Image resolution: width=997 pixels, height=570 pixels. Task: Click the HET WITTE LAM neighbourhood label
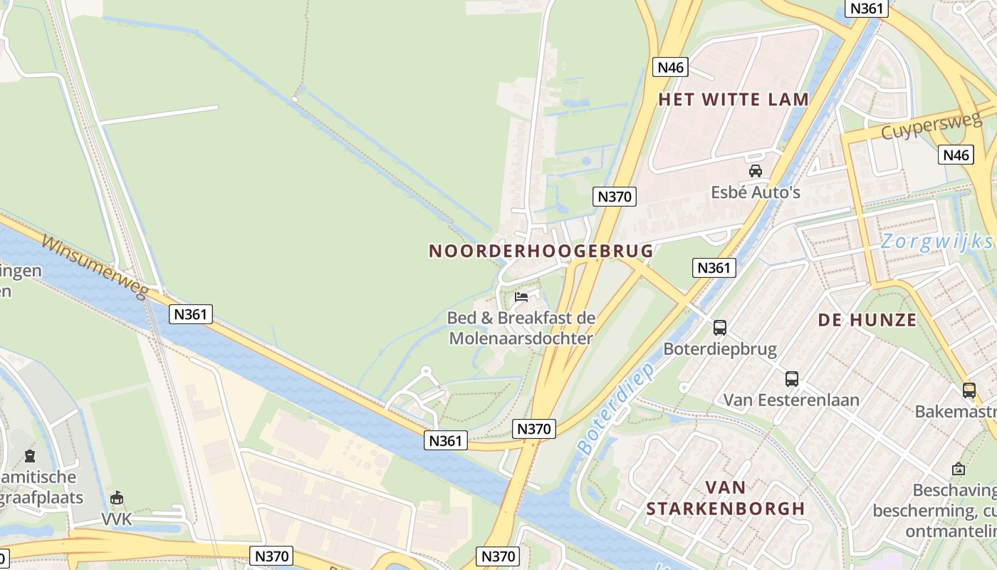[x=734, y=100]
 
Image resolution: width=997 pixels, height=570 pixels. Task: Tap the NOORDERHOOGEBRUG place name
[x=541, y=251]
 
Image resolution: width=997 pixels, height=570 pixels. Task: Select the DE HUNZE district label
[x=867, y=321]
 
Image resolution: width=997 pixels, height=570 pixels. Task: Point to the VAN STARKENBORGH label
[x=726, y=498]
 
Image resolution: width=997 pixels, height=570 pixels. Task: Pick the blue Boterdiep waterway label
[x=616, y=409]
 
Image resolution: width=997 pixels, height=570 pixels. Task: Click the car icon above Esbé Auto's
[x=756, y=171]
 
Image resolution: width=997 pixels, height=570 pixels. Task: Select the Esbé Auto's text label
[x=756, y=192]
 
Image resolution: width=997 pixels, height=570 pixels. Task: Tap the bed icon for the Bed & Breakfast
[x=521, y=297]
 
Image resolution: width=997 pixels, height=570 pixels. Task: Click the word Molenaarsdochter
[x=521, y=338]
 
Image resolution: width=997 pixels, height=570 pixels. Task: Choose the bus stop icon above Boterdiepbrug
[x=720, y=328]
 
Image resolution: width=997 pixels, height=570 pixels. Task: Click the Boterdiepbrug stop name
[x=720, y=349]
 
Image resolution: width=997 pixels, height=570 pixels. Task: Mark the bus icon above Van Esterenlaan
[x=792, y=379]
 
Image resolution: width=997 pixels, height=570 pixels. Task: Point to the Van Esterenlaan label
[x=792, y=400]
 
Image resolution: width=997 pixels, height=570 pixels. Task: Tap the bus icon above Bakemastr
[x=969, y=390]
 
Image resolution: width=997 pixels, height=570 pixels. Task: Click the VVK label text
[x=117, y=519]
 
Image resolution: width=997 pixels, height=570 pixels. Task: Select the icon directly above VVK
[x=117, y=498]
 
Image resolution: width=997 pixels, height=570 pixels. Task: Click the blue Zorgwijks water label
[x=937, y=242]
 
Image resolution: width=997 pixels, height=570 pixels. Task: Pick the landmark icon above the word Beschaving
[x=959, y=470]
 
